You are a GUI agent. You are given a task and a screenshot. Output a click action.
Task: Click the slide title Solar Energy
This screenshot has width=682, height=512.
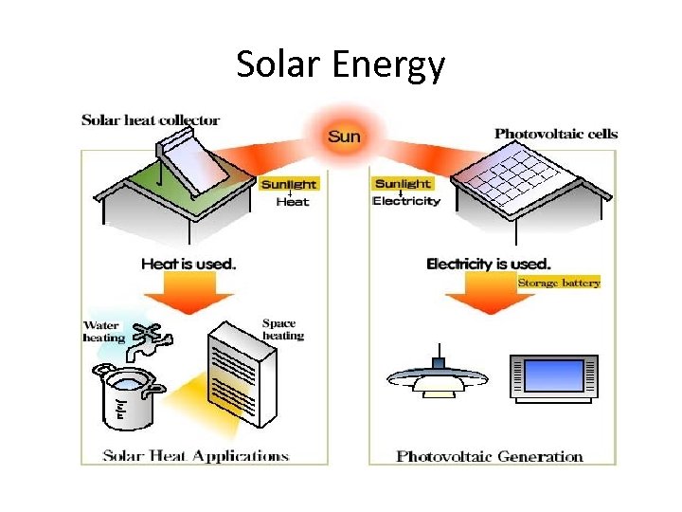340,65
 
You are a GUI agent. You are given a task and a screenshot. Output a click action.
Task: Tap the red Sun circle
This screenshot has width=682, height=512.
344,137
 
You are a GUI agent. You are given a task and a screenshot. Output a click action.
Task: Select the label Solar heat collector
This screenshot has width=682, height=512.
151,120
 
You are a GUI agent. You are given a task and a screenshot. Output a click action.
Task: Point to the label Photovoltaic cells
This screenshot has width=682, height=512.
555,134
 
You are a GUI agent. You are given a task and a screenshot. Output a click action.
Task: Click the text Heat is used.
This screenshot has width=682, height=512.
188,264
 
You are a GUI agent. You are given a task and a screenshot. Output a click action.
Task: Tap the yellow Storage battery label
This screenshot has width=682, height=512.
559,283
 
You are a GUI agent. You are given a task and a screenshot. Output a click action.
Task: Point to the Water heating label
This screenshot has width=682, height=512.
104,332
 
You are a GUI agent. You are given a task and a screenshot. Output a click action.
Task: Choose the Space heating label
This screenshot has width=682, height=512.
282,329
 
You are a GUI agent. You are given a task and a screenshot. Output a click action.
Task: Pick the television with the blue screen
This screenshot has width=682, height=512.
554,378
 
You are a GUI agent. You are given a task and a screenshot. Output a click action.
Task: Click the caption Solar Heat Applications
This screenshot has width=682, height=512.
195,456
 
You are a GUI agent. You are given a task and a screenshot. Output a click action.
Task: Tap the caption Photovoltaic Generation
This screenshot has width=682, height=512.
490,456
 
